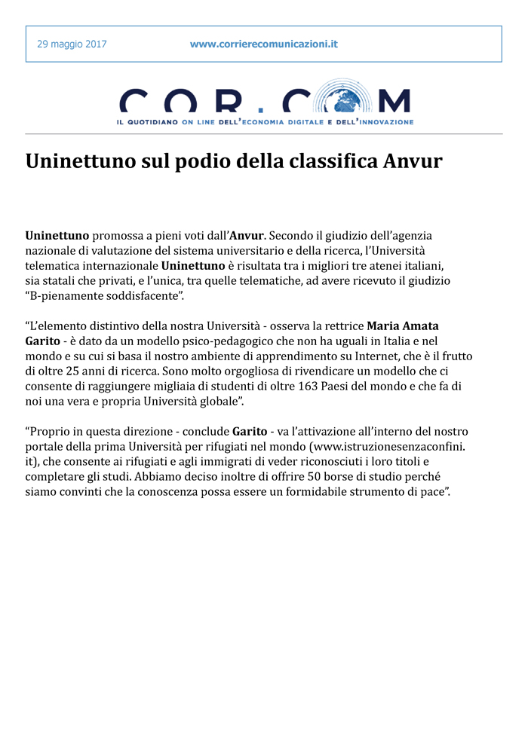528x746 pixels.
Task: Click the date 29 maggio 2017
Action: click(x=72, y=44)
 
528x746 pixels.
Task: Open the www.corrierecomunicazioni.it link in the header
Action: click(x=263, y=44)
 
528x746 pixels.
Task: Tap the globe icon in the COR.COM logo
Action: click(x=344, y=100)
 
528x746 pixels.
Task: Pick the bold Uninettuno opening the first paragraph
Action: click(x=57, y=236)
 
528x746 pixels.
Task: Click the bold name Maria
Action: click(x=385, y=326)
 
